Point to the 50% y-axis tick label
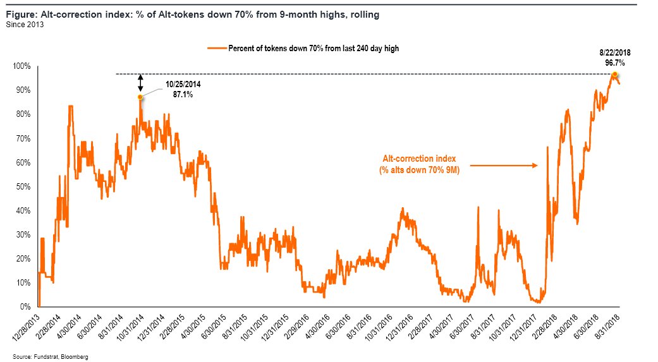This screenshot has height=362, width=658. pos(25,186)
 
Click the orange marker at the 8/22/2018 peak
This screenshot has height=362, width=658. pos(615,75)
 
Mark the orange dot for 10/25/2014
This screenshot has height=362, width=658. pos(140,97)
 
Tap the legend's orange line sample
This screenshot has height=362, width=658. pos(216,49)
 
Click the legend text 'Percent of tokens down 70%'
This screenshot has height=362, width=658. pos(284,49)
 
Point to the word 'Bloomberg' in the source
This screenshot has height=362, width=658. pos(74,357)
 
